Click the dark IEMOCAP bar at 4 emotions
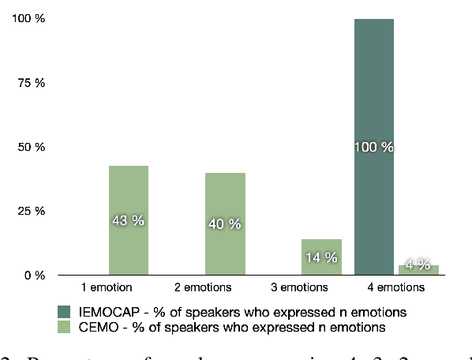[374, 95]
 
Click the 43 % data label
[128, 221]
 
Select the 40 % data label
[225, 224]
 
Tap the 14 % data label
[321, 257]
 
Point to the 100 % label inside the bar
[374, 148]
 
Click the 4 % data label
[418, 264]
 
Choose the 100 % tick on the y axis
[29, 19]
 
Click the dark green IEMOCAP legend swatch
[63, 310]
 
